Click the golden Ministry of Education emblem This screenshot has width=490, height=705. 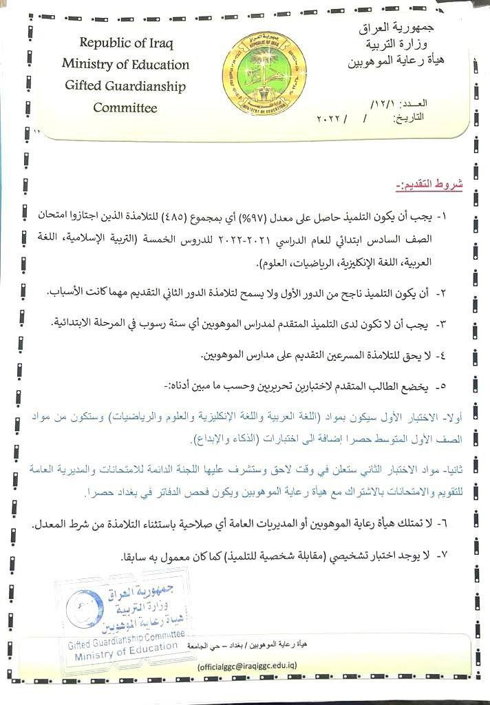pos(257,71)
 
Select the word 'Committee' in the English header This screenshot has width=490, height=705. pos(125,108)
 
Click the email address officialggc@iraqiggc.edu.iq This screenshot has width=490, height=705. pos(247,666)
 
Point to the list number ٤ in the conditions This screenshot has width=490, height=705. pos(445,356)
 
